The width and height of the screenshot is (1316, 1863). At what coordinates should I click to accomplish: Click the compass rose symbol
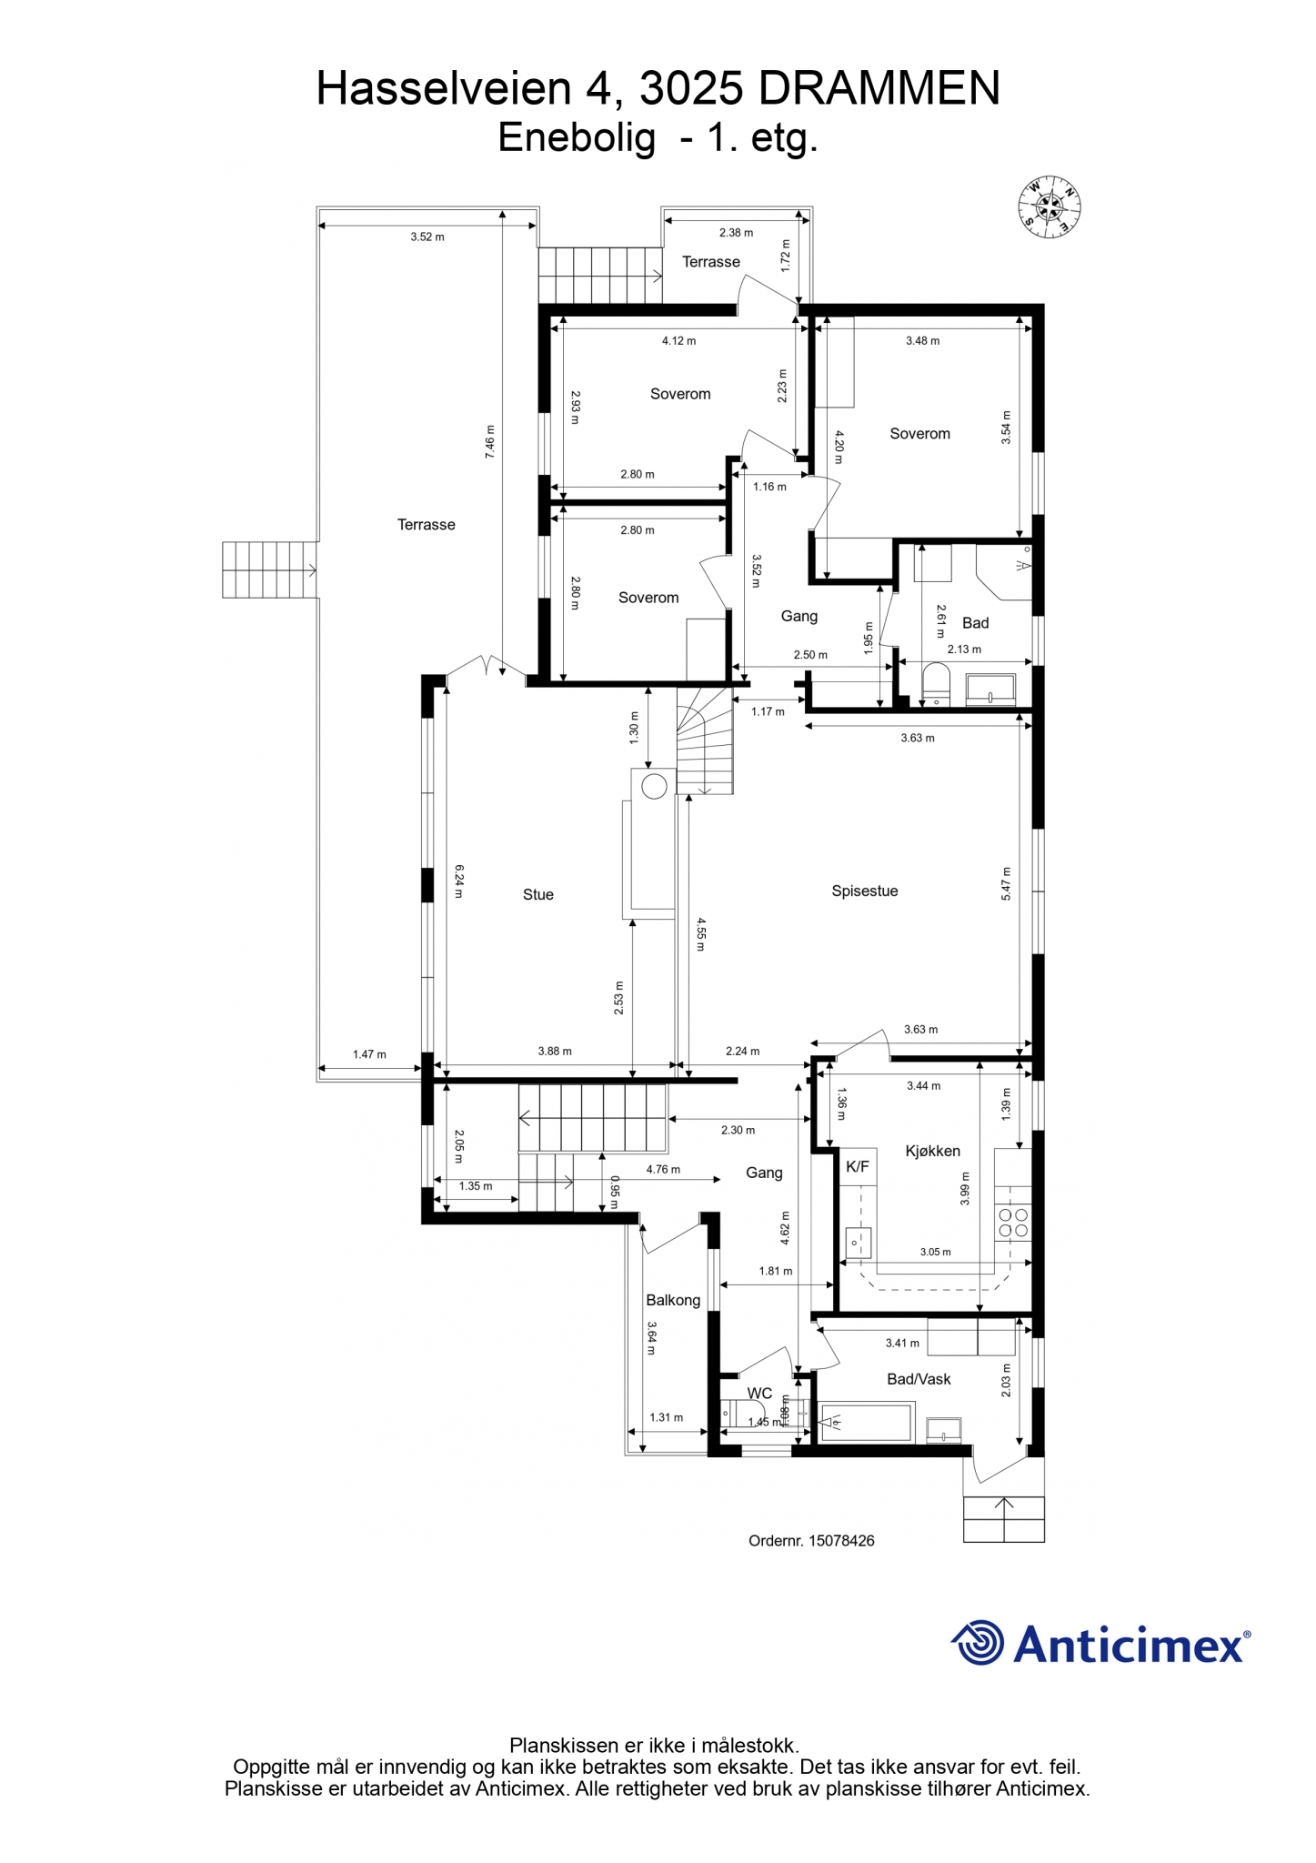click(1049, 207)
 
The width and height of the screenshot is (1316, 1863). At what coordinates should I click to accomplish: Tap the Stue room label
click(538, 895)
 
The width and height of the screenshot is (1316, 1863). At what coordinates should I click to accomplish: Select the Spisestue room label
click(865, 891)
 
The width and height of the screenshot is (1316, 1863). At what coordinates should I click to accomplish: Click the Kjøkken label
click(933, 1151)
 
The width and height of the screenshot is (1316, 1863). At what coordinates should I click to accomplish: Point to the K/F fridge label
click(858, 1167)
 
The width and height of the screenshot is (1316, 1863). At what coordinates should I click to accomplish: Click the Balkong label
click(673, 1301)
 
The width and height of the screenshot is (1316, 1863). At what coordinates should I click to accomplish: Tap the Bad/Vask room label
click(919, 1379)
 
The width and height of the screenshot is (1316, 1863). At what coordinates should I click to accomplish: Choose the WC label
click(759, 1394)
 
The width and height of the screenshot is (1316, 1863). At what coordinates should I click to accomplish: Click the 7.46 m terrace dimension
click(490, 441)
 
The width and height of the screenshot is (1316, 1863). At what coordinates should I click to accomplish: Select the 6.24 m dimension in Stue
click(459, 881)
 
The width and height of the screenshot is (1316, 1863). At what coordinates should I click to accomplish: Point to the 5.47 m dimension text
click(1006, 883)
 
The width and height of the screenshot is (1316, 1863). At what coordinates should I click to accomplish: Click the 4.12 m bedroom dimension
click(678, 341)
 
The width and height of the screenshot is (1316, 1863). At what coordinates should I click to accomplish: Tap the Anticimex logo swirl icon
click(978, 1643)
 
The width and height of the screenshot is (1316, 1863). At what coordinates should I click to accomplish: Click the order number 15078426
click(841, 1541)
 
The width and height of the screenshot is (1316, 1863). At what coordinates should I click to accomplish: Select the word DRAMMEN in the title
click(879, 89)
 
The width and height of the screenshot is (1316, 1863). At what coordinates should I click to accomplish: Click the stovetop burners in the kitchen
click(1013, 1223)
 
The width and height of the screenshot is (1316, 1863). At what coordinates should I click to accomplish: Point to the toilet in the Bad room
click(936, 683)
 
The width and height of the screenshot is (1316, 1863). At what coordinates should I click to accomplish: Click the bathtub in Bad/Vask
click(867, 1424)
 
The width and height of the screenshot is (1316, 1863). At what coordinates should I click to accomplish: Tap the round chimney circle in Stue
click(655, 786)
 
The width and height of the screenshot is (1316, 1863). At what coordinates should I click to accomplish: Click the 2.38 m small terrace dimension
click(736, 233)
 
